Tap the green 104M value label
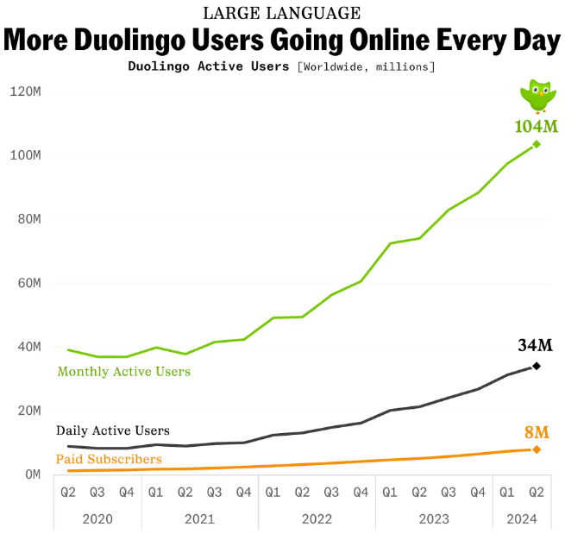click(x=536, y=127)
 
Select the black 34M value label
click(x=535, y=346)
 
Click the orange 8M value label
click(x=536, y=431)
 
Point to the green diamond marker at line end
click(x=537, y=144)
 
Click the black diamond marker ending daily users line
click(x=537, y=366)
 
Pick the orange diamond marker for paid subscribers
click(x=537, y=449)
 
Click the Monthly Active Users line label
click(x=123, y=371)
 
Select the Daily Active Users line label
click(x=112, y=430)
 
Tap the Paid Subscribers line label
click(x=109, y=459)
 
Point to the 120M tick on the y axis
click(x=26, y=91)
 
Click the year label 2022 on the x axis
click(x=317, y=518)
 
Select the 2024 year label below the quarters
click(x=521, y=518)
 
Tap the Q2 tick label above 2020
click(x=68, y=493)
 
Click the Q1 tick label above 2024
click(x=506, y=493)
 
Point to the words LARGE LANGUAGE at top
click(x=281, y=13)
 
